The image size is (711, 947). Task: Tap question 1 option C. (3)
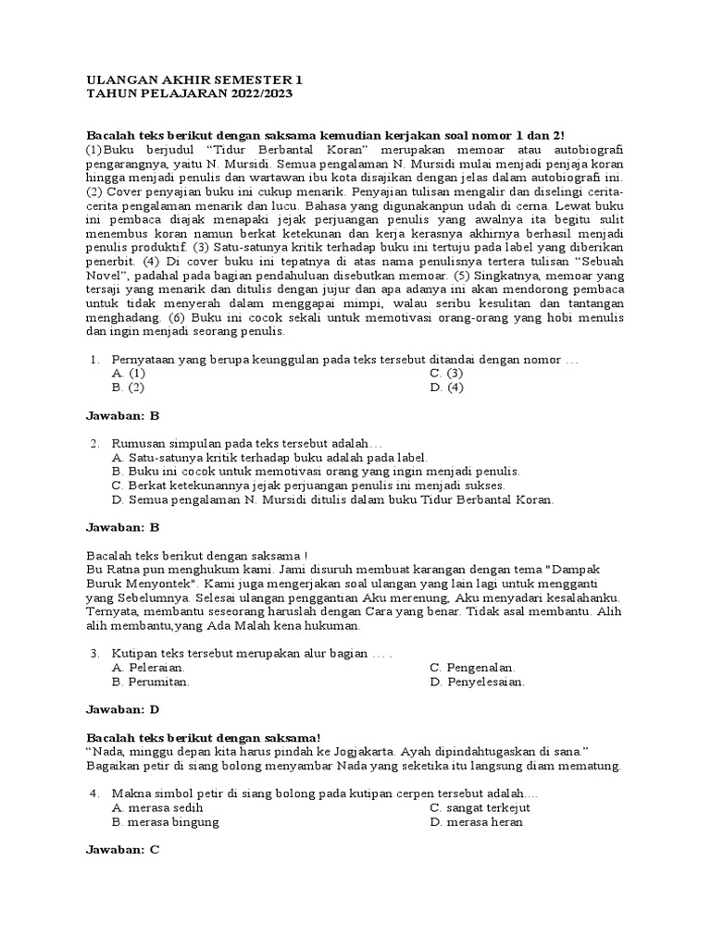point(446,373)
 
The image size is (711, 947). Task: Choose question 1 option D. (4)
point(446,387)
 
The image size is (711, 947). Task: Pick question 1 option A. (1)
point(128,373)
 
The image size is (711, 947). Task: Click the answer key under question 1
point(123,416)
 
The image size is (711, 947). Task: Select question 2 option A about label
point(268,457)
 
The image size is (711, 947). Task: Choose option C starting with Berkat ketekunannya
point(307,485)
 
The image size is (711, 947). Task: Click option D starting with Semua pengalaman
point(332,499)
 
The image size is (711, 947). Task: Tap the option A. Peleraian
point(148,667)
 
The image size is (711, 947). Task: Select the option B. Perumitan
point(151,682)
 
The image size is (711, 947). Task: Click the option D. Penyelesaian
point(478,682)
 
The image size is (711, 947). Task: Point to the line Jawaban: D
point(123,709)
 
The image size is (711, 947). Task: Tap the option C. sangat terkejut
point(480,807)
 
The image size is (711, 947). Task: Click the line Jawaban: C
point(123,850)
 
